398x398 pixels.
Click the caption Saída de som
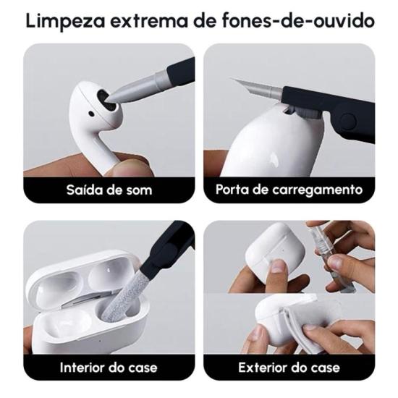[108, 190]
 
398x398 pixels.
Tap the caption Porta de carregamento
[289, 190]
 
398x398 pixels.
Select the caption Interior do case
[108, 367]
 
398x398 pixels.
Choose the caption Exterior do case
[289, 367]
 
